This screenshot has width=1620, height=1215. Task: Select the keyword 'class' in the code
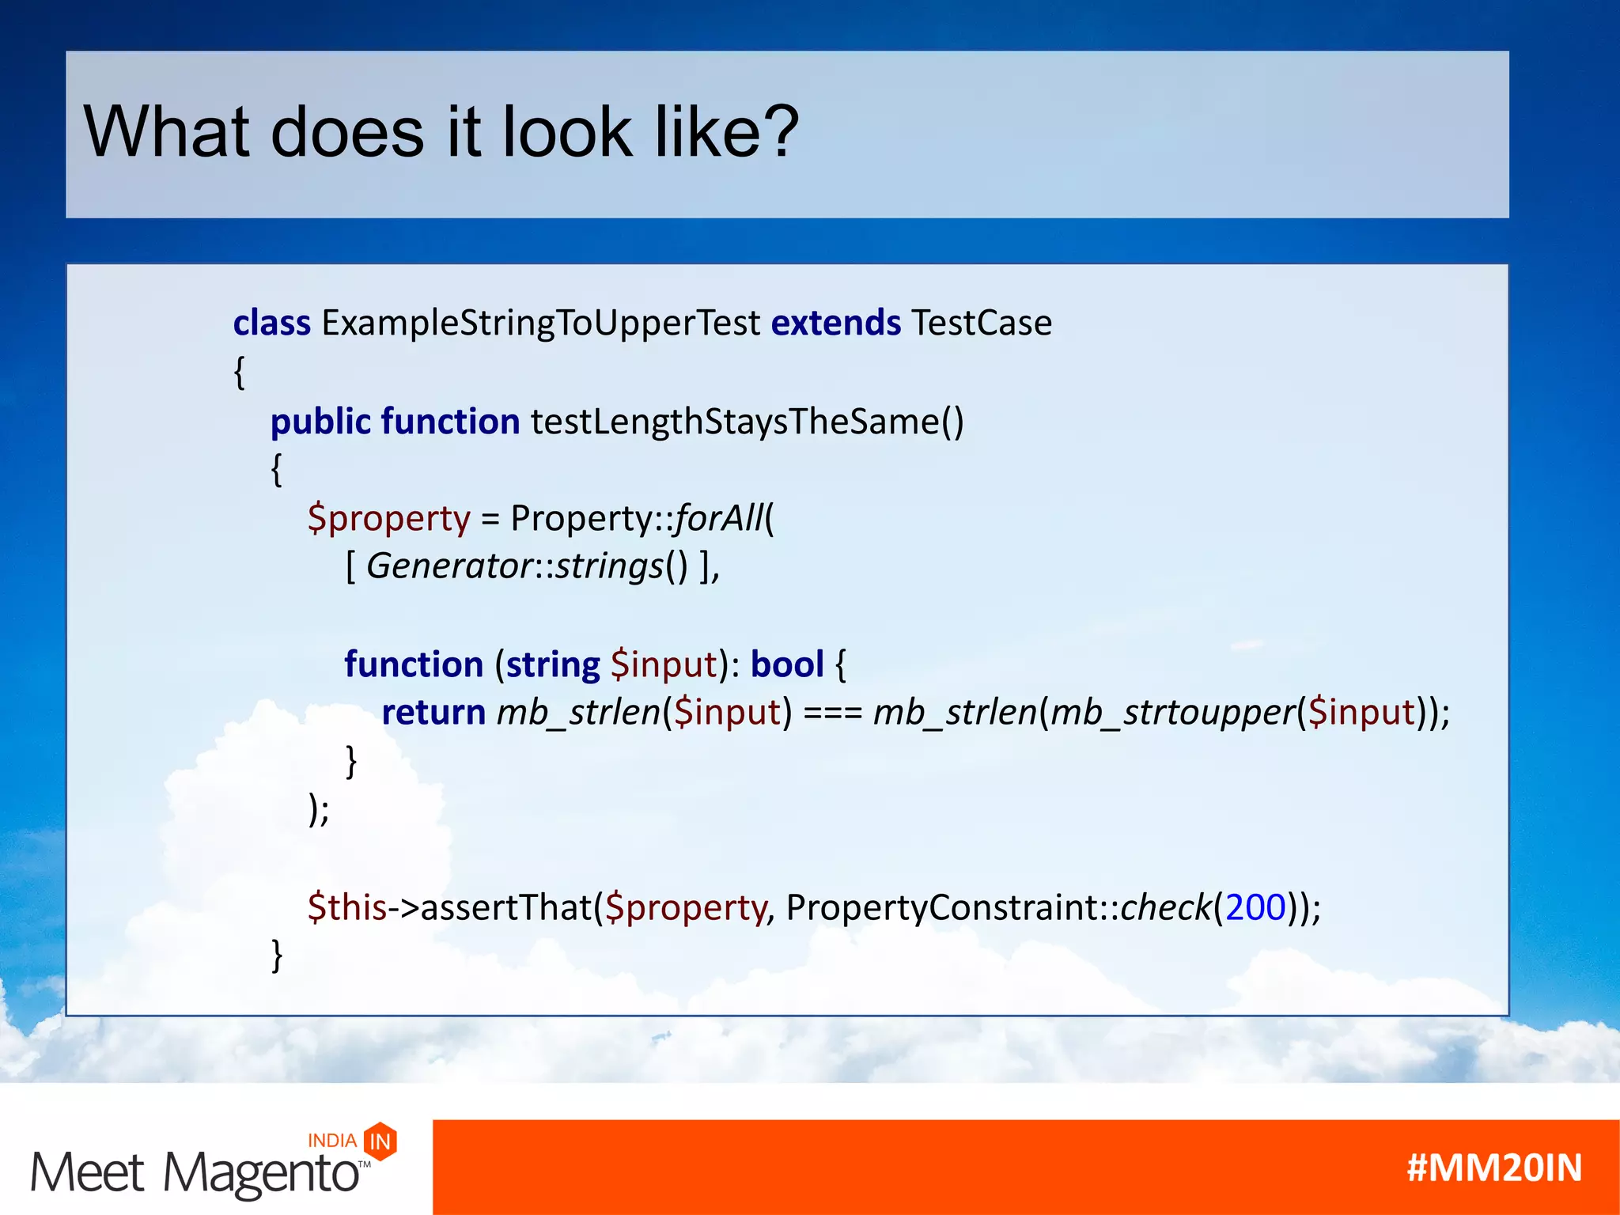click(271, 323)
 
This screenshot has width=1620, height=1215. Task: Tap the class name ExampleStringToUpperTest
click(540, 323)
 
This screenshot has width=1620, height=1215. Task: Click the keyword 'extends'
click(835, 323)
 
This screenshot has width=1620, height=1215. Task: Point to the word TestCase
click(981, 323)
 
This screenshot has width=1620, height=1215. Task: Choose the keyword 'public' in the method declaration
click(320, 422)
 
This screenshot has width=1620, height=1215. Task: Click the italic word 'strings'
click(609, 566)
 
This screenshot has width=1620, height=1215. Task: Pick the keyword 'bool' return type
click(786, 664)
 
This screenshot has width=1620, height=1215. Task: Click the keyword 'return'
click(433, 712)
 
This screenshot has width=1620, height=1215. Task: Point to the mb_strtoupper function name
click(1172, 712)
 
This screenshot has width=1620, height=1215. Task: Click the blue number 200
click(1255, 907)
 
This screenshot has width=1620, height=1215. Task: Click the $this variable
click(347, 907)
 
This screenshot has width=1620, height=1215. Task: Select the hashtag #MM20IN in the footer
click(1494, 1168)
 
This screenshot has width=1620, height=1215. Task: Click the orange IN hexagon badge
click(380, 1141)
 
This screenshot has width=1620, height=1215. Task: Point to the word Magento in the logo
click(261, 1173)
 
